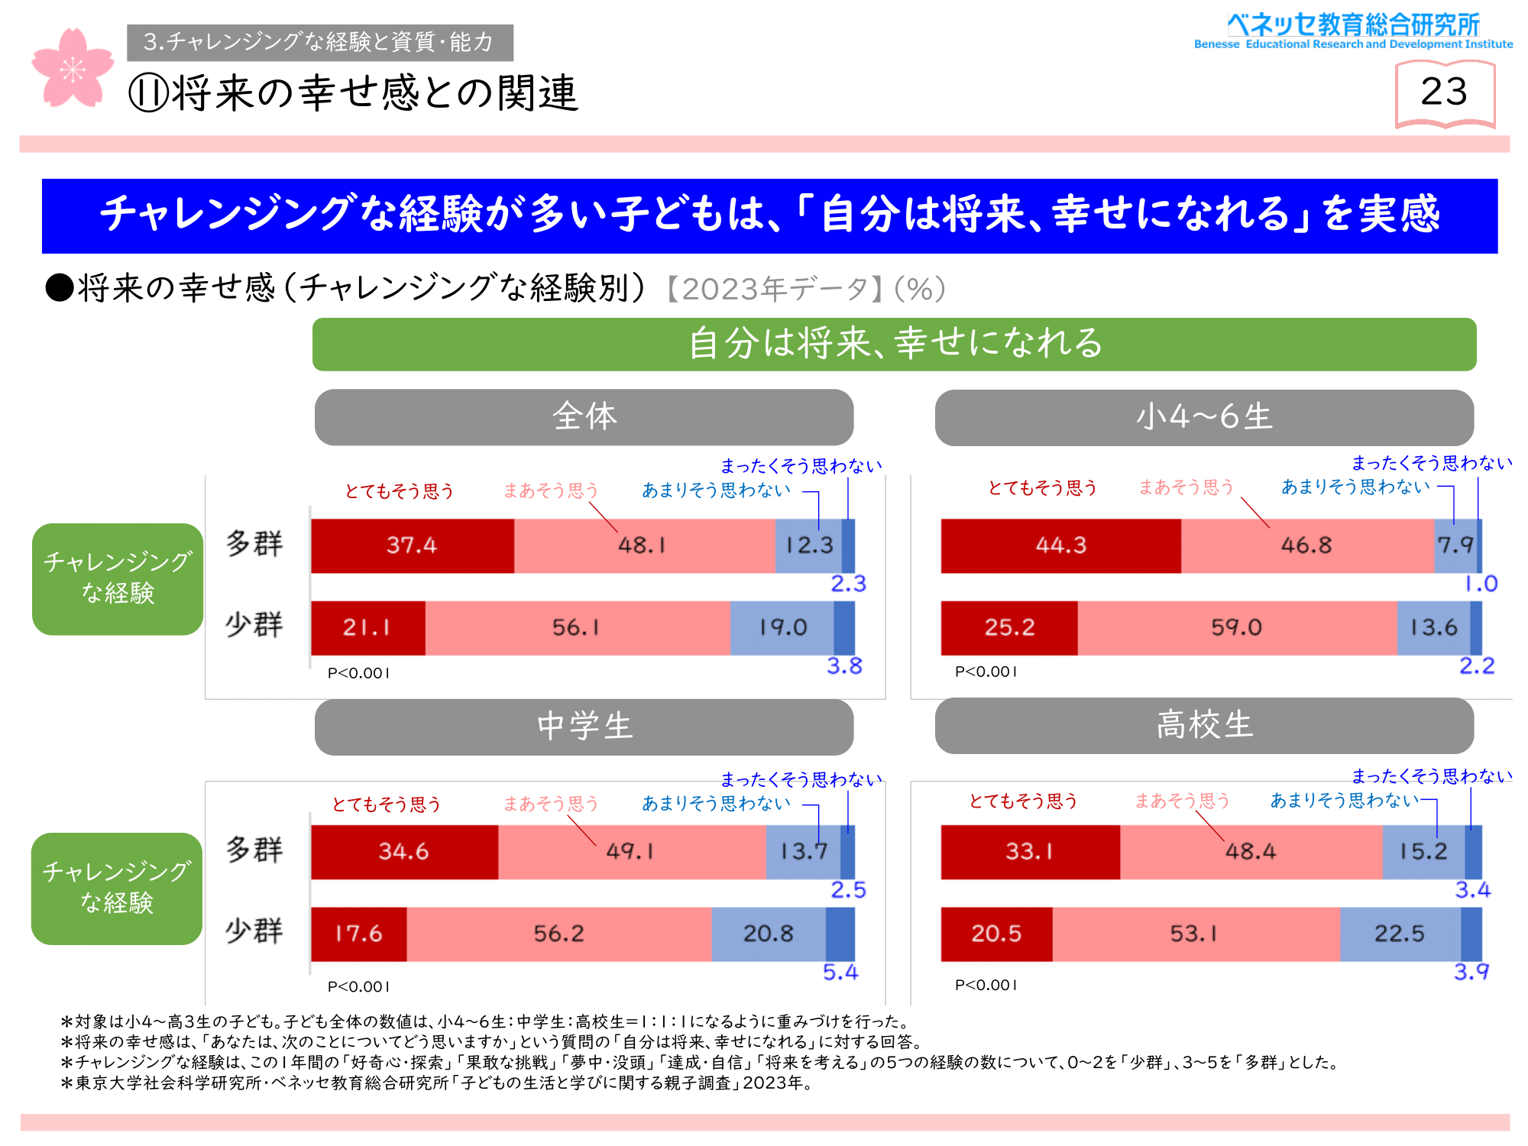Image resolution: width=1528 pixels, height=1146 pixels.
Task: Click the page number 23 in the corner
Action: [x=1444, y=92]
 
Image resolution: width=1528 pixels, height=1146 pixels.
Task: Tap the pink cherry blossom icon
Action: [x=72, y=69]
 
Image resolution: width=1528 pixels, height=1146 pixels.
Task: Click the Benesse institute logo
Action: [x=1353, y=31]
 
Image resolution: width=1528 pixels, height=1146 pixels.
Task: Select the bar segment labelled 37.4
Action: [x=412, y=545]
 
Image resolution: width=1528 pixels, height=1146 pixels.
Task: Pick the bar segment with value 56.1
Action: [x=577, y=628]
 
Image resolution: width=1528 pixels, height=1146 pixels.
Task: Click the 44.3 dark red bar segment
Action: [x=1060, y=545]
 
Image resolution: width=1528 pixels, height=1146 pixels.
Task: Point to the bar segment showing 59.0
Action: [x=1236, y=628]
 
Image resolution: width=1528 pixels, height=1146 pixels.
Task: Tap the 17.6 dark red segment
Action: [x=358, y=934]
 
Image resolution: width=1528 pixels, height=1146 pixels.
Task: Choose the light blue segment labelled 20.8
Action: [x=768, y=934]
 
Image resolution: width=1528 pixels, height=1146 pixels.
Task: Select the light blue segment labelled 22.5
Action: [x=1400, y=934]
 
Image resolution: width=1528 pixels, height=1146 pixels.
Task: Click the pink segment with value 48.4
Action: [x=1251, y=852]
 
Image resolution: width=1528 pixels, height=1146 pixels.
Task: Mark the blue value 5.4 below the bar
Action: [x=840, y=973]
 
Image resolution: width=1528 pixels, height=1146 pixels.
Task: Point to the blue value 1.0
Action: [x=1481, y=584]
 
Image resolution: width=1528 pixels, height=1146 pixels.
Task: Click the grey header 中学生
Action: [x=584, y=727]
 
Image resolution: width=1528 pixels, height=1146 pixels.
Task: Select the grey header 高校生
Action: [x=1204, y=725]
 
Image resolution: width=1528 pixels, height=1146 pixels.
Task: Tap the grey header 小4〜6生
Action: [x=1204, y=417]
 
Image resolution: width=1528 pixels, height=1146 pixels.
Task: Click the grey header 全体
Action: [x=584, y=417]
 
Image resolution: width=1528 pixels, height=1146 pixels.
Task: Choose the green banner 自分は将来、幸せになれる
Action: [x=894, y=344]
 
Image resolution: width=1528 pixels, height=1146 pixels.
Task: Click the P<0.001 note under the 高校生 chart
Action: [x=986, y=985]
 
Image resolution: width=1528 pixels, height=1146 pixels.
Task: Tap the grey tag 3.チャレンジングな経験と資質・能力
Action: [x=320, y=42]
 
